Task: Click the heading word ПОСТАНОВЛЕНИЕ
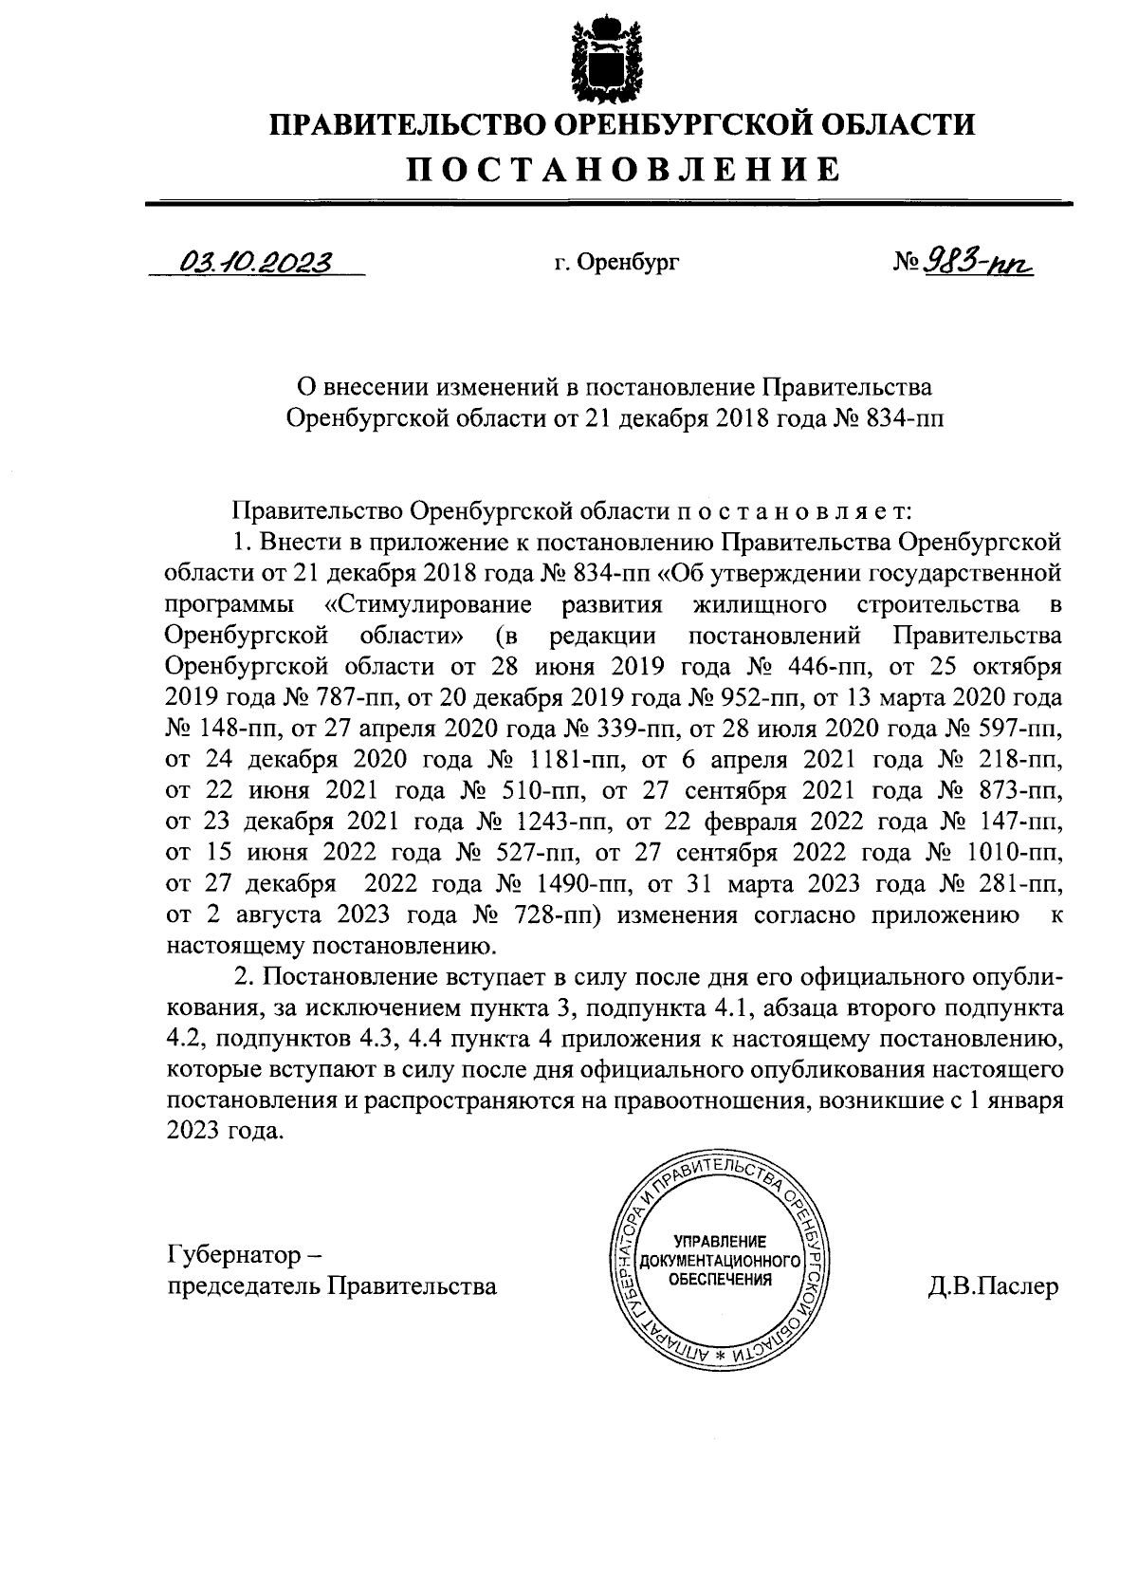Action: click(x=624, y=170)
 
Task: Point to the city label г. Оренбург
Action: click(x=617, y=263)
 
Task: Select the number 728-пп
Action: click(x=558, y=915)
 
